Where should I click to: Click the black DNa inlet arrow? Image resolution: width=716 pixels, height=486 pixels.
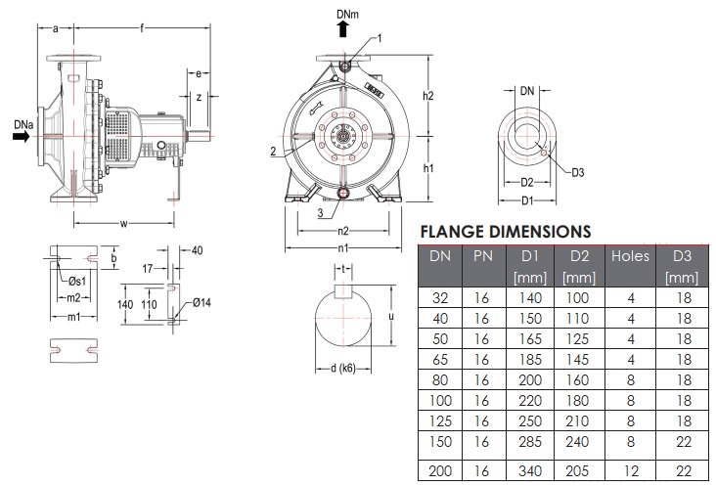(x=21, y=137)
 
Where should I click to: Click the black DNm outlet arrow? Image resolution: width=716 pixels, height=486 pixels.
(x=343, y=29)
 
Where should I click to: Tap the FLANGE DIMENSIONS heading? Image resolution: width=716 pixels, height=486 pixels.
(x=506, y=232)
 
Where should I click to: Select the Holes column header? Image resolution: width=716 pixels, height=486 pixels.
(x=630, y=256)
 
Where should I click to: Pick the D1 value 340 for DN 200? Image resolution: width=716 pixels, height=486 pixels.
(x=530, y=470)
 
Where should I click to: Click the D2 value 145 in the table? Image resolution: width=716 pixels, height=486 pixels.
(x=578, y=360)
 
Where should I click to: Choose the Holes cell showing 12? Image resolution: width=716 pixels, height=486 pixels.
(x=631, y=470)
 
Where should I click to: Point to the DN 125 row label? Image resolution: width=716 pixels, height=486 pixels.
(x=440, y=420)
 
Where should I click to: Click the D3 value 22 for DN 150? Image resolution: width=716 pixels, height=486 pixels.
(x=684, y=441)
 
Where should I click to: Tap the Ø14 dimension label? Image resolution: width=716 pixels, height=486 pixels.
(x=201, y=302)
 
